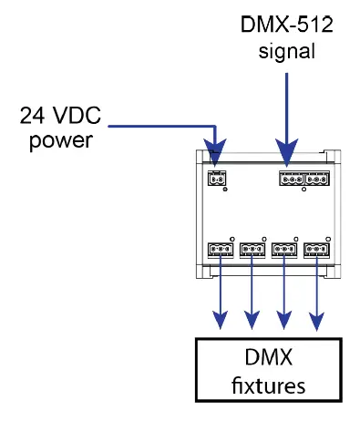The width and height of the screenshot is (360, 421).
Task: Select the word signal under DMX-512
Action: (287, 51)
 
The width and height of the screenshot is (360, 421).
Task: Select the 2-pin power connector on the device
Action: (217, 180)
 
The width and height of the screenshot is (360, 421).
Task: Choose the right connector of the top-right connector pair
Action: (316, 180)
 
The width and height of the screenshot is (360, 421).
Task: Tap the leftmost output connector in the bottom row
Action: (221, 249)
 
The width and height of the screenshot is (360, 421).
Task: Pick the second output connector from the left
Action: (252, 249)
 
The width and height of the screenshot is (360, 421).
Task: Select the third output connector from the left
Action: (284, 249)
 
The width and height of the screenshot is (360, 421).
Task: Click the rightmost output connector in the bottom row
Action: (316, 249)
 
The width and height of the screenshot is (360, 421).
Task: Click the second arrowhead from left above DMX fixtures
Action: (252, 321)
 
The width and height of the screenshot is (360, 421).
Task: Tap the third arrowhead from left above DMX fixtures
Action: (284, 321)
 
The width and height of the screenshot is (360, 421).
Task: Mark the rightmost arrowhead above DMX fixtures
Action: (316, 321)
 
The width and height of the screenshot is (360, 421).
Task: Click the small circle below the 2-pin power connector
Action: (225, 191)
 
